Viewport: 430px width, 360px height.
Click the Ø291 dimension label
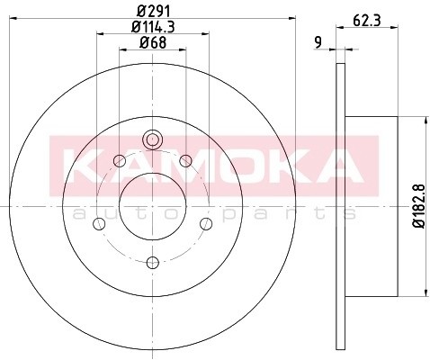pyautogui.click(x=154, y=12)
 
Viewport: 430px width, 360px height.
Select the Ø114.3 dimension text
pyautogui.click(x=153, y=27)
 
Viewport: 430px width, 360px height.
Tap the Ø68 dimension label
pyautogui.click(x=153, y=42)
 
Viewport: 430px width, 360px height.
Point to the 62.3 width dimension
pyautogui.click(x=367, y=21)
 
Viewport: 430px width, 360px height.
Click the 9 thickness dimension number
pyautogui.click(x=318, y=42)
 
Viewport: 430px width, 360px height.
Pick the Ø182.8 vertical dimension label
pyautogui.click(x=419, y=206)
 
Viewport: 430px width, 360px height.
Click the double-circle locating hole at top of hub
pyautogui.click(x=153, y=139)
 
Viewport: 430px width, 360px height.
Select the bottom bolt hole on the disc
pyautogui.click(x=153, y=263)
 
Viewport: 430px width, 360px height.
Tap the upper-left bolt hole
pyautogui.click(x=120, y=161)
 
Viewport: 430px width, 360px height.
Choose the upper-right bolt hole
pyautogui.click(x=186, y=161)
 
